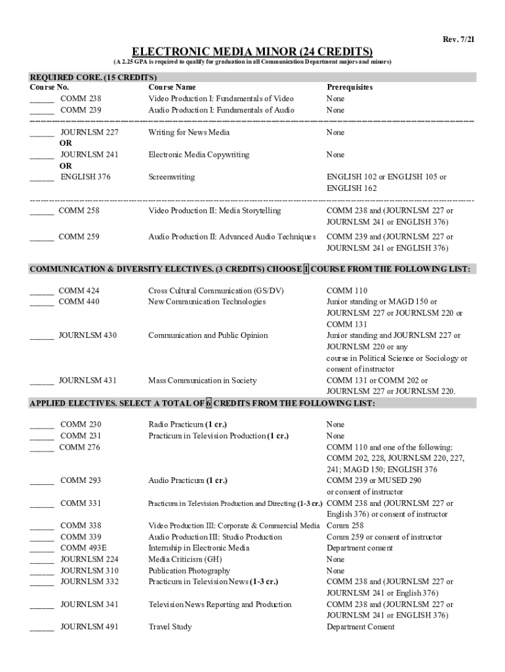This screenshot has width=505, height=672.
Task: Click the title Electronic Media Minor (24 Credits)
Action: pyautogui.click(x=253, y=51)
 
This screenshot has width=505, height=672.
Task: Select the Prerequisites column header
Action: pyautogui.click(x=350, y=87)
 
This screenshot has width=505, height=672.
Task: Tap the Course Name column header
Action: pyautogui.click(x=172, y=87)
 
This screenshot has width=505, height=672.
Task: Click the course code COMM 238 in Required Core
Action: pyautogui.click(x=81, y=98)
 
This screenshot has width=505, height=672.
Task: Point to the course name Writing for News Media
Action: pyautogui.click(x=189, y=133)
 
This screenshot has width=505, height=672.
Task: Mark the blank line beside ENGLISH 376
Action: pyautogui.click(x=42, y=178)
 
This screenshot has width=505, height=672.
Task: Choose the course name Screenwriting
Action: pyautogui.click(x=172, y=177)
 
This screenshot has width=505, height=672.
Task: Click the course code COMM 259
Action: pyautogui.click(x=79, y=237)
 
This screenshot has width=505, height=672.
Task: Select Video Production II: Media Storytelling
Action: pyautogui.click(x=214, y=211)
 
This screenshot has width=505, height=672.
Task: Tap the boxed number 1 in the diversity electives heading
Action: pyautogui.click(x=306, y=270)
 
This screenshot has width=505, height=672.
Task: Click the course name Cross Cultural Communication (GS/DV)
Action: pyautogui.click(x=216, y=291)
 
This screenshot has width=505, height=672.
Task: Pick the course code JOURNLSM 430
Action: pyautogui.click(x=88, y=335)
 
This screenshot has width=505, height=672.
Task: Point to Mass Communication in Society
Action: pyautogui.click(x=202, y=381)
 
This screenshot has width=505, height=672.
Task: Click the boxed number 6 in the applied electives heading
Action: pyautogui.click(x=209, y=404)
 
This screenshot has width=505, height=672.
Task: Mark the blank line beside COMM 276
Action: pyautogui.click(x=42, y=448)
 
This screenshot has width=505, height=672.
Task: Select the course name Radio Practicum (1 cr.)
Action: pyautogui.click(x=188, y=425)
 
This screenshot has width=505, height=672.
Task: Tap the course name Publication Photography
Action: pyautogui.click(x=189, y=571)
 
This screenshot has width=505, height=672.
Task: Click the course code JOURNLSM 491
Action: pyautogui.click(x=89, y=627)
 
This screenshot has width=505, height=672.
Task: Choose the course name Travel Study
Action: pyautogui.click(x=170, y=627)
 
